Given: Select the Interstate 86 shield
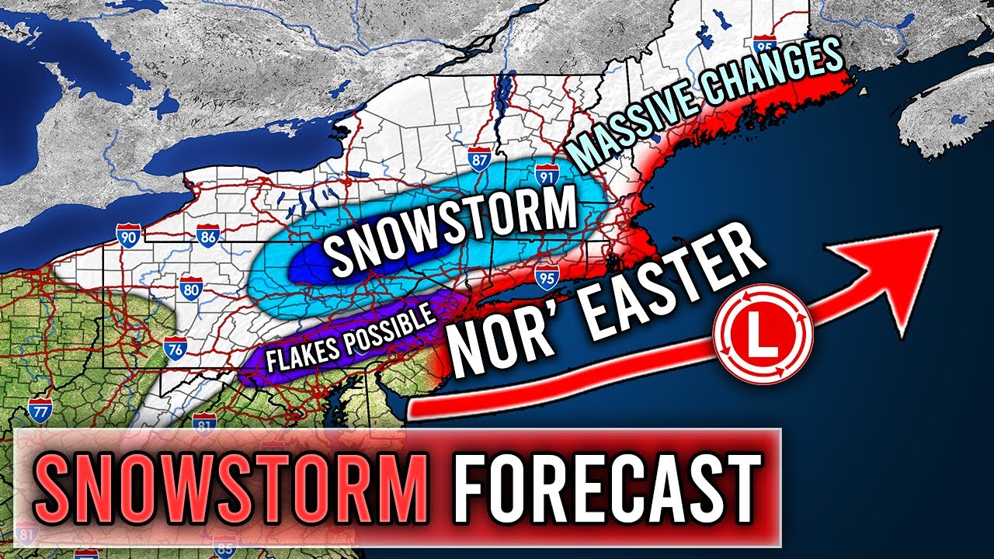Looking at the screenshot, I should click(208, 238).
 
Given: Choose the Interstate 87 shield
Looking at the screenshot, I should click(479, 159).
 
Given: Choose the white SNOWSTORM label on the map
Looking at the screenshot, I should click(450, 234).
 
